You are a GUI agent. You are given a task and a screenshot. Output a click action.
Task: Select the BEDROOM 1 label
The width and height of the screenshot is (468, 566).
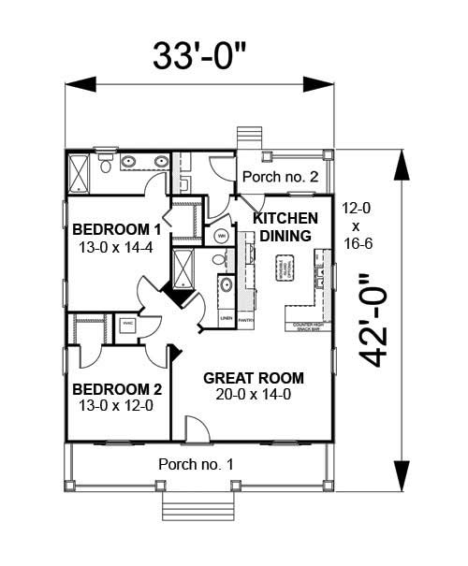click(x=118, y=230)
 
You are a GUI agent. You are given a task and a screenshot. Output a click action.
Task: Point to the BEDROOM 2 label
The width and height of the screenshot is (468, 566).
click(x=118, y=389)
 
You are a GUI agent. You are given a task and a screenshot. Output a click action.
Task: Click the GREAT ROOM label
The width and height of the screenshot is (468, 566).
click(x=254, y=378)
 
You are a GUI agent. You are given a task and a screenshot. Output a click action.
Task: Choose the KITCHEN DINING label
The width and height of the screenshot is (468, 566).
click(x=285, y=227)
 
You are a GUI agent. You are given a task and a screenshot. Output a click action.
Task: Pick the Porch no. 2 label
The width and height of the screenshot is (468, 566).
click(x=280, y=176)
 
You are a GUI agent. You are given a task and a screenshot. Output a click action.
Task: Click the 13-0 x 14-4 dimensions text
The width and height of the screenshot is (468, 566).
click(x=118, y=248)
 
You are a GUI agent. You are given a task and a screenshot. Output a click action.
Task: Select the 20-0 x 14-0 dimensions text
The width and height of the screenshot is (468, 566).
click(x=254, y=396)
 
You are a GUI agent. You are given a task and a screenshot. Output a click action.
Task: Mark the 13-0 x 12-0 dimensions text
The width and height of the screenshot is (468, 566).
click(x=118, y=407)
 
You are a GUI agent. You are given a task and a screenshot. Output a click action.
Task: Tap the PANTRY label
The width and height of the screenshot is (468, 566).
click(x=246, y=320)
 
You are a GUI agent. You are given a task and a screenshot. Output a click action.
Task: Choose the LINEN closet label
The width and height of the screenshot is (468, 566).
click(x=226, y=320)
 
